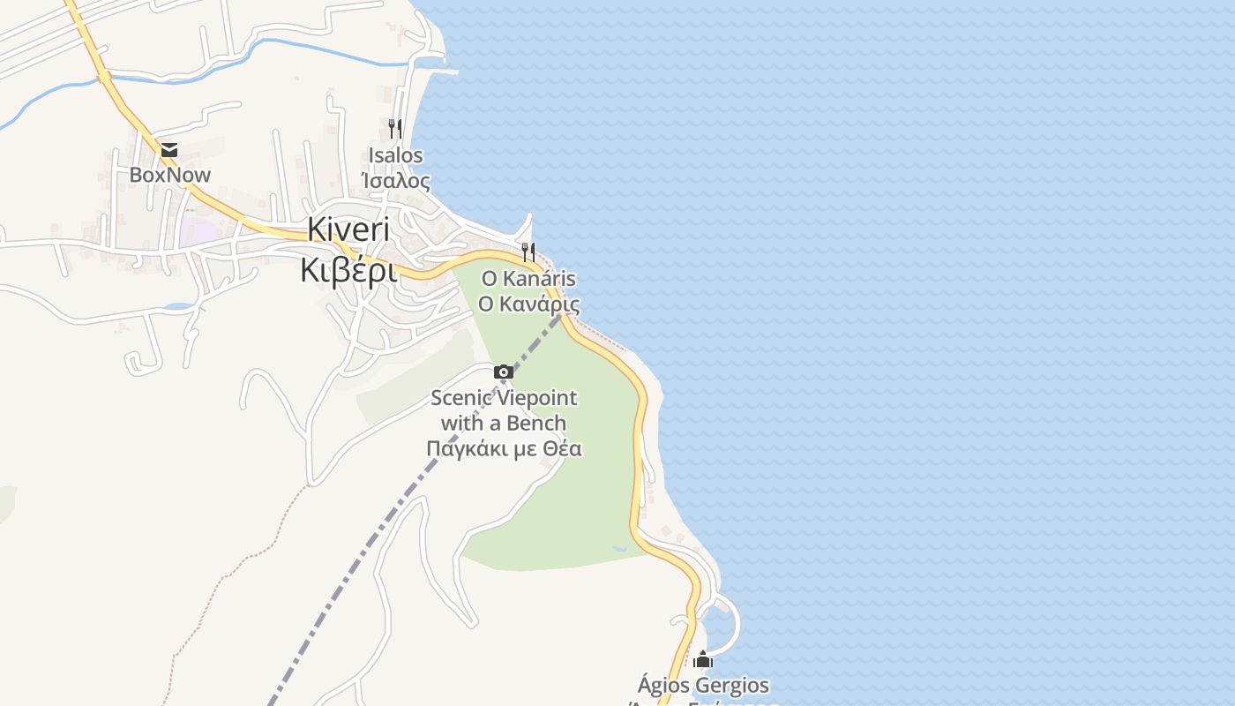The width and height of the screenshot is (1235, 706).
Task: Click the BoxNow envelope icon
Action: [168, 150]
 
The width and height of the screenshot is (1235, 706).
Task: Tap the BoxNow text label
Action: [170, 175]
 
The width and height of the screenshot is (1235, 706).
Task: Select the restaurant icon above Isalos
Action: [395, 129]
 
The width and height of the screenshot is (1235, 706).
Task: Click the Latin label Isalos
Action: [396, 155]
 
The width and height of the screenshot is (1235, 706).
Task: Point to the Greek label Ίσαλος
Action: [396, 181]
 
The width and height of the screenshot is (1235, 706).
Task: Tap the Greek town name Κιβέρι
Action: [348, 270]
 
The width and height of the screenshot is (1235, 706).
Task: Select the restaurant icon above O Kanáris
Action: [528, 252]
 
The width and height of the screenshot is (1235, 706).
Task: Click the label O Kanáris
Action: [528, 279]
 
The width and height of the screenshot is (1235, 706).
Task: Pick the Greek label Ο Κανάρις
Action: [528, 304]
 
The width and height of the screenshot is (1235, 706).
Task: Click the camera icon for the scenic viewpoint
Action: [504, 372]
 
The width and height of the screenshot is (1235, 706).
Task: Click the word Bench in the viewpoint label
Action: [537, 423]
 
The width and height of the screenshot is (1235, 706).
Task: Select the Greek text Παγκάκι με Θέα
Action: [504, 448]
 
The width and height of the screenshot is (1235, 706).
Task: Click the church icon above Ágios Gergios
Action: [703, 659]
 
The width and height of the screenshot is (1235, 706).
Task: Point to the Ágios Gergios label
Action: [703, 685]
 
